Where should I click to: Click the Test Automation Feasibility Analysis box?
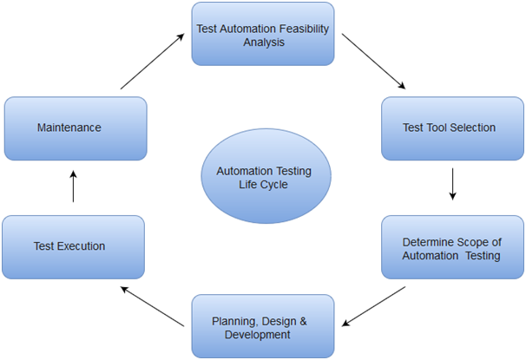click(263, 34)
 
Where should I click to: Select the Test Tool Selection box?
click(450, 128)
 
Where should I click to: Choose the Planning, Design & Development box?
click(262, 327)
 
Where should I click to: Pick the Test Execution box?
click(73, 246)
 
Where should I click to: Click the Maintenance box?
click(75, 128)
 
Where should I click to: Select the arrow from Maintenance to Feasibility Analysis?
click(152, 62)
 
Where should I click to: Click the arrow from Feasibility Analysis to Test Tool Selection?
click(373, 62)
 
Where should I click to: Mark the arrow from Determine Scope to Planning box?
click(373, 306)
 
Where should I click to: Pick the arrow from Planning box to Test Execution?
click(152, 306)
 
